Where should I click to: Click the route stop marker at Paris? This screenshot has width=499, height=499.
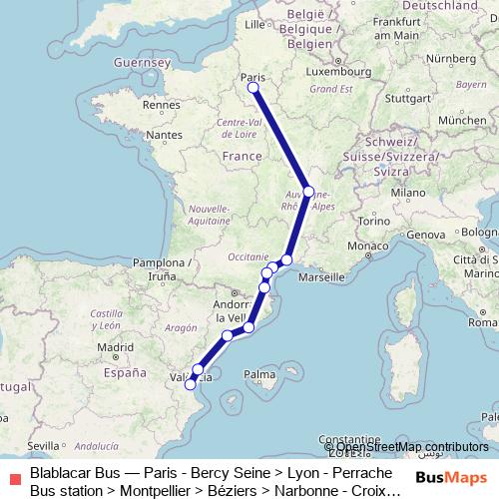(253, 88)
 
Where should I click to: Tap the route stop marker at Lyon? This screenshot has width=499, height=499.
(308, 192)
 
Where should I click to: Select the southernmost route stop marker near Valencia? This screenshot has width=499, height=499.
(190, 384)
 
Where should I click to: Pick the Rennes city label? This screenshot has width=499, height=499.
(159, 103)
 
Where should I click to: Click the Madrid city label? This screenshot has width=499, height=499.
(117, 347)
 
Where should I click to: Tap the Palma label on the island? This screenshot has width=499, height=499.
(260, 375)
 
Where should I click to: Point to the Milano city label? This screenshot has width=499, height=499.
(409, 191)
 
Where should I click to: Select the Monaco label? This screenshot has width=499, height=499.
(374, 246)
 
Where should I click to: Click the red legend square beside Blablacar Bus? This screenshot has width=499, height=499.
(13, 480)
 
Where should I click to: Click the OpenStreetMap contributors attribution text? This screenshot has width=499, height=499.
(411, 446)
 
